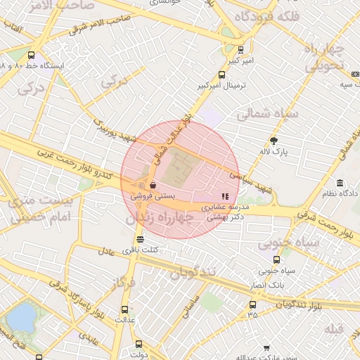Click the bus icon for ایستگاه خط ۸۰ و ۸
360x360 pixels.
31,55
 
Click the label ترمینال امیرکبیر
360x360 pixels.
219,86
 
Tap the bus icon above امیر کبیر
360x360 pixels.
240,50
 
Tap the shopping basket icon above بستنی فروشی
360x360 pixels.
153,186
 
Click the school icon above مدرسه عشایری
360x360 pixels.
225,197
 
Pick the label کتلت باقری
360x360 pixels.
144,250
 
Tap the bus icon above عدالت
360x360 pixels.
125,309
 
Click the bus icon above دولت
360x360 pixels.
138,345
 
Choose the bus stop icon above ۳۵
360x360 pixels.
252,304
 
